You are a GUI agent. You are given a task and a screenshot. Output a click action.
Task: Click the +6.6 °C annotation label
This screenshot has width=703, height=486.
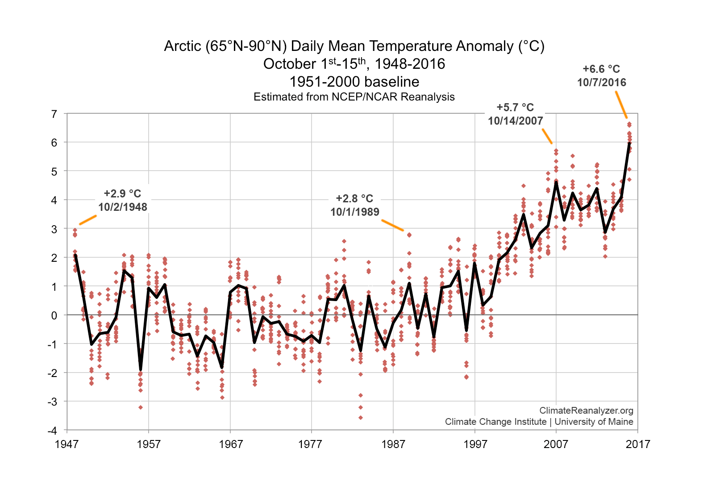601,69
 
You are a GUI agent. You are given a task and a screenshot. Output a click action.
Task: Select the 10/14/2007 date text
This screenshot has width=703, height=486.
515,121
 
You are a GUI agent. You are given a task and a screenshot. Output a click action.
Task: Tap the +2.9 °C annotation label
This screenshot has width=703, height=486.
122,194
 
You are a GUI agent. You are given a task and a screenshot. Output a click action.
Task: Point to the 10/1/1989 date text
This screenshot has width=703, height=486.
355,212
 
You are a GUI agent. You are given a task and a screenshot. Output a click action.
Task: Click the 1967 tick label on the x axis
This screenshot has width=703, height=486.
230,444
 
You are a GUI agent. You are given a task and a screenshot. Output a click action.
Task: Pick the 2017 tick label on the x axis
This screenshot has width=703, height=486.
638,444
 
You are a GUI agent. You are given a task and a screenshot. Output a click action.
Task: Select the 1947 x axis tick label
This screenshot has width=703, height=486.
67,444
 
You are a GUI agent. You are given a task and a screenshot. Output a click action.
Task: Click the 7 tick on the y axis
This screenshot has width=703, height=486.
54,114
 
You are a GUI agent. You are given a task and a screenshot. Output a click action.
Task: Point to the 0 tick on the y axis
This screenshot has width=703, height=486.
54,315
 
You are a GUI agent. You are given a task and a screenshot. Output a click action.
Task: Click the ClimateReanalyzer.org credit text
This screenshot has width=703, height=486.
586,411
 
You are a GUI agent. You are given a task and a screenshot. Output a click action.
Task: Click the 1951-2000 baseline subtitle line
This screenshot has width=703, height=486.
354,82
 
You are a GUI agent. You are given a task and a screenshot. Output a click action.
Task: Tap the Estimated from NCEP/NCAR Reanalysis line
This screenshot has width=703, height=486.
354,97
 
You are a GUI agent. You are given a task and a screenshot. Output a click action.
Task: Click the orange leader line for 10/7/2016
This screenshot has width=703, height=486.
621,105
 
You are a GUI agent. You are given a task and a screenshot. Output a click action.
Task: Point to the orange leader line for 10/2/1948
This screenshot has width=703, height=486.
88,220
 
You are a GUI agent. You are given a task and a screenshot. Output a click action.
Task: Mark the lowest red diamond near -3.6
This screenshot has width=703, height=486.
361,418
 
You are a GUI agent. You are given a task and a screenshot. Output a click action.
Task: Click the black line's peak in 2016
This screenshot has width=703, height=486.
629,143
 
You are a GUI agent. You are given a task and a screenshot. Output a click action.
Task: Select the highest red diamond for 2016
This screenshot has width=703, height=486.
629,125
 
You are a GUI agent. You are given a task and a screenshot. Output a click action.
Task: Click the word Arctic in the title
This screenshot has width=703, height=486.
183,46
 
